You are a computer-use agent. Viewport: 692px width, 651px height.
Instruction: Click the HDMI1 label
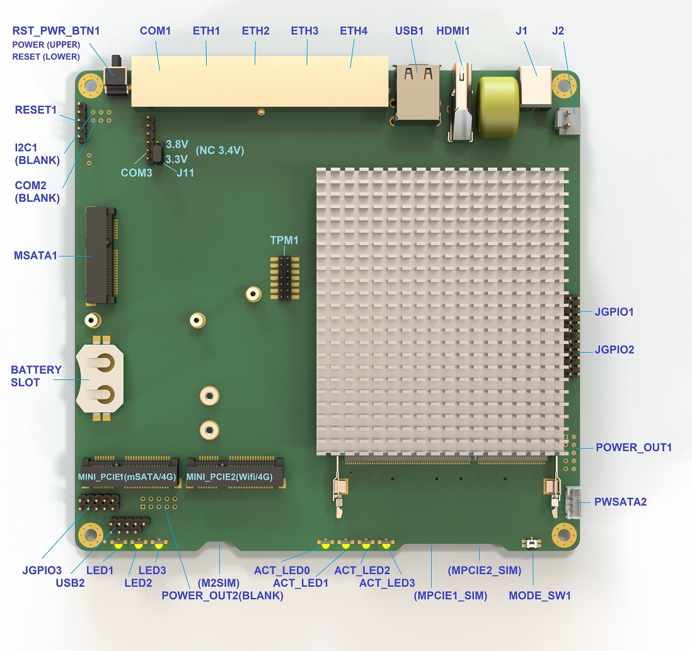453,31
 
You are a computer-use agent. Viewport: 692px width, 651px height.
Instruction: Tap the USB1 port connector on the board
417,93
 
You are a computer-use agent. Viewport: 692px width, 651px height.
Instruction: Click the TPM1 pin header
285,278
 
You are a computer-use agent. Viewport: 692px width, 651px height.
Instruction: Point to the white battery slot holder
100,378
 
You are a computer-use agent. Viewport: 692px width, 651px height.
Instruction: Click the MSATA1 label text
35,255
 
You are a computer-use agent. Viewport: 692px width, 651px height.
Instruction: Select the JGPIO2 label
614,350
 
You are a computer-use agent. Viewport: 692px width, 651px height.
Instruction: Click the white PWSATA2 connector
573,502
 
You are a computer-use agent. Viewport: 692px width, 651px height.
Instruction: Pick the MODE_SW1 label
539,596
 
